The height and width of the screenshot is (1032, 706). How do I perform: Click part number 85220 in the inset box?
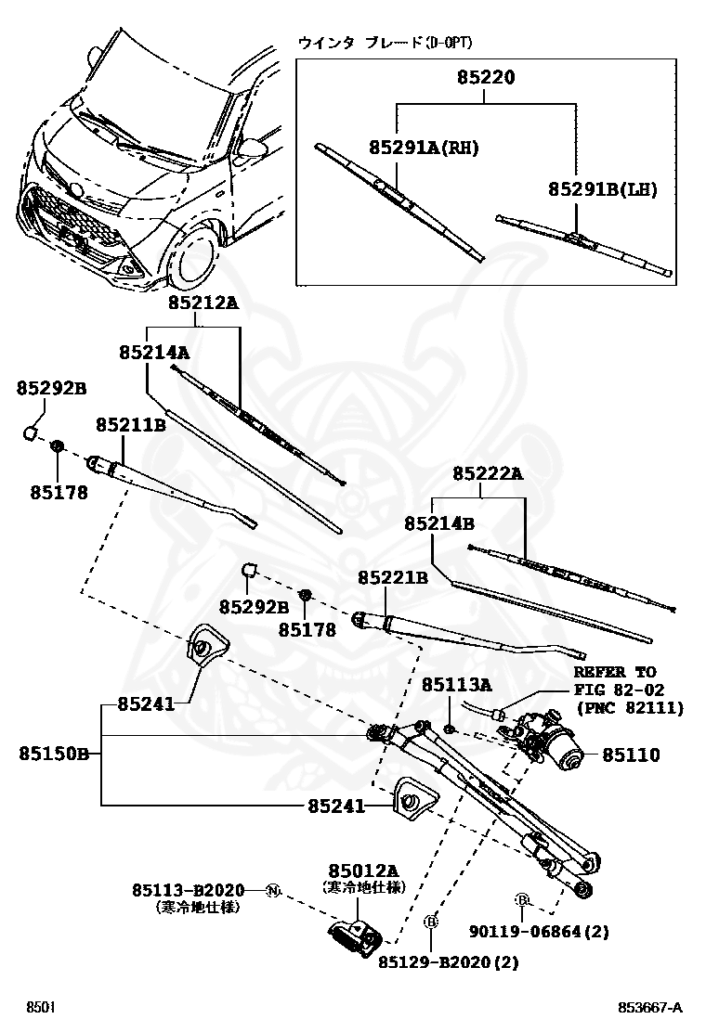[486, 80]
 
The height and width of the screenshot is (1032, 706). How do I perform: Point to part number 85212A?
[203, 303]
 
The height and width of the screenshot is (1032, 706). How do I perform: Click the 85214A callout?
[154, 352]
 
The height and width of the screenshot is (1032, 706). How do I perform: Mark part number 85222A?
[488, 474]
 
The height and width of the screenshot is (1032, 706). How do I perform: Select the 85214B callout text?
[439, 523]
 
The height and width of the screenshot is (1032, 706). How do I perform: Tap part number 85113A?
[456, 685]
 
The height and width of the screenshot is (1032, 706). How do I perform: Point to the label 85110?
[631, 755]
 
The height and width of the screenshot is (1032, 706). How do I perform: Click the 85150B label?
[52, 754]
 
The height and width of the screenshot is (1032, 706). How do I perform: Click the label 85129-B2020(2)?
[448, 963]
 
